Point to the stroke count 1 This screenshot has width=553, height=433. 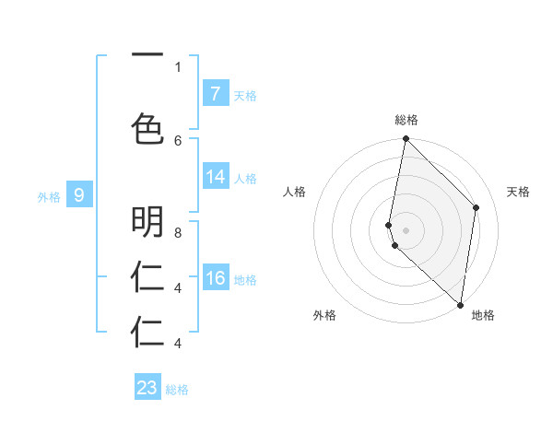coord(177,66)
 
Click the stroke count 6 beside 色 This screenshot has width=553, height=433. coord(177,140)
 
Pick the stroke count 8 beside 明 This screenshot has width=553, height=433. coord(177,233)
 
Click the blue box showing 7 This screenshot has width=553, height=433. coord(216,94)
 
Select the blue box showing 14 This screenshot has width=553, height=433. coord(216,177)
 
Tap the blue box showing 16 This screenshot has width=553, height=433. coord(216,278)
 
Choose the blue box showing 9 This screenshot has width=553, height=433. coord(79,195)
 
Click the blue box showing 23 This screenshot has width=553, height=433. coord(147,388)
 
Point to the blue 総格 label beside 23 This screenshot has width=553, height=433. coord(177,390)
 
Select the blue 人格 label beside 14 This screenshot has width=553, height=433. coord(245,178)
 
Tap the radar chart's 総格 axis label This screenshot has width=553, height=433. coord(406,120)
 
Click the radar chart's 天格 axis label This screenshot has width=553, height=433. coord(518,192)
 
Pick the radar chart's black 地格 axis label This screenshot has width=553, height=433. coord(483,315)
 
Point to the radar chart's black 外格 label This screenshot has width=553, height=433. coord(324,315)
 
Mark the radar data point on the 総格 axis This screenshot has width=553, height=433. coord(406,139)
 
